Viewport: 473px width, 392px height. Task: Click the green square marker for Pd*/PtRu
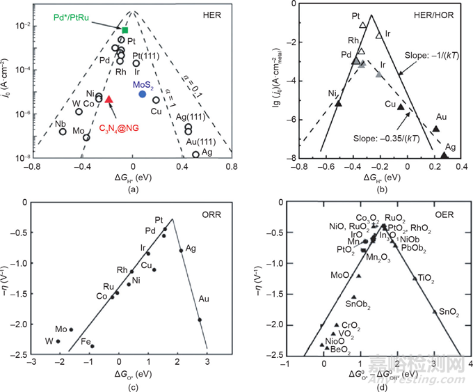[125, 30]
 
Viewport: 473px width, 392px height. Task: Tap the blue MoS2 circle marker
[142, 94]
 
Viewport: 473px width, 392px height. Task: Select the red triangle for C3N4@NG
[109, 100]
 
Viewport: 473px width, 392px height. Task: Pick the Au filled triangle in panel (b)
[435, 129]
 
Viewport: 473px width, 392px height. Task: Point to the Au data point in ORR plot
[200, 320]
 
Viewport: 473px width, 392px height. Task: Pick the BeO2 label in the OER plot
[340, 350]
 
